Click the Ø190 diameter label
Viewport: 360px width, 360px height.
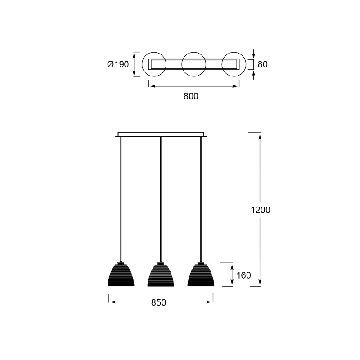118,64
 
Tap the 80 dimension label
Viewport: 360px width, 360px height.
263,64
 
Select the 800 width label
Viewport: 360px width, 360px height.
191,96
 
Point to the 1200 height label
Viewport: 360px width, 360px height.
261,210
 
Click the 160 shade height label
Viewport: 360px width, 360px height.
243,275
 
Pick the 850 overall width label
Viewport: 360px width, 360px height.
158,302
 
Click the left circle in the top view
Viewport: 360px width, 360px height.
142,64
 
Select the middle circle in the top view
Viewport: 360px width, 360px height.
182,64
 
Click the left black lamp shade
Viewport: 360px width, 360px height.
121,275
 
